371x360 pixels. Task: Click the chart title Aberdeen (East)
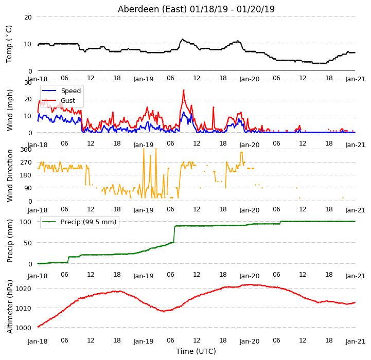click(x=152, y=9)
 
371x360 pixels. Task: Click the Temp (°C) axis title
click(x=9, y=44)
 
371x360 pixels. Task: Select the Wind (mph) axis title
click(x=9, y=110)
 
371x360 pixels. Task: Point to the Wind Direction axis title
click(x=9, y=175)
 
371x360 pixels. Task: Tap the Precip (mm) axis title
click(x=9, y=241)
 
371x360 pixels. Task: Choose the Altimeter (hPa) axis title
click(x=9, y=307)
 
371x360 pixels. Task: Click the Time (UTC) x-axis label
click(x=196, y=351)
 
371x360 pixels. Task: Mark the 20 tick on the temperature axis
click(x=28, y=17)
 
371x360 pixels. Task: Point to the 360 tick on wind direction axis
click(x=26, y=150)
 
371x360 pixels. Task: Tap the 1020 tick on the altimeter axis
click(x=24, y=289)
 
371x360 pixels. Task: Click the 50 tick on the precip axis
click(x=28, y=243)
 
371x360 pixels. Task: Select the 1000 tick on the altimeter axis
click(x=24, y=328)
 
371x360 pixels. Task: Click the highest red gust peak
click(x=184, y=90)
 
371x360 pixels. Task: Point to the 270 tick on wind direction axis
click(x=26, y=163)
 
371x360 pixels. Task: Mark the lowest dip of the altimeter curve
click(x=164, y=312)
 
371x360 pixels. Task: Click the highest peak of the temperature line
click(x=183, y=39)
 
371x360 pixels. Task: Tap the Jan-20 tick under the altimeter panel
click(x=250, y=341)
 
